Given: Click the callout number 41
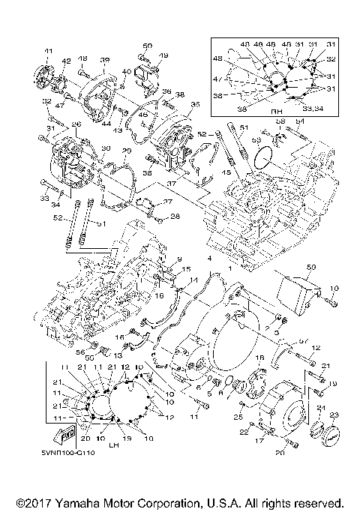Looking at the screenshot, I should coord(49,51).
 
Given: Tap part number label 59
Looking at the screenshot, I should coord(311,266).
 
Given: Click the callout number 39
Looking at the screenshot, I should coord(104,60).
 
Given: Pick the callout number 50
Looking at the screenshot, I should coord(147,46).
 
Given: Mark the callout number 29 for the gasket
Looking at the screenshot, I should coord(126,151).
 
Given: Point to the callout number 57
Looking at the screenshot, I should coord(303,340).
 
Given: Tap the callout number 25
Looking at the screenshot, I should coord(239,416).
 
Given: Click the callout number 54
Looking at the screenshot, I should coord(299,121).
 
